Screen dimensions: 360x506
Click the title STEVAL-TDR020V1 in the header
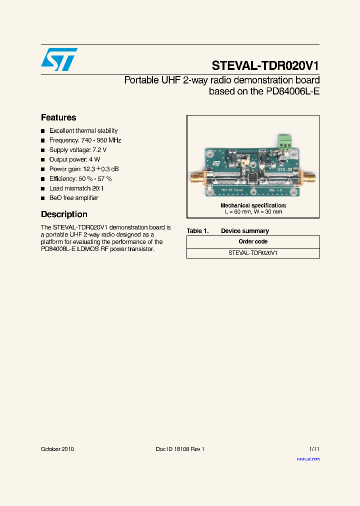pos(265,66)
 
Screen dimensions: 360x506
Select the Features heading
pos(58,118)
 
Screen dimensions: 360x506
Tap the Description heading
pos(64,214)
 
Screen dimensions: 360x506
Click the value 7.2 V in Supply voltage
pos(99,150)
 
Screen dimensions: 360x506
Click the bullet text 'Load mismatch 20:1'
pos(76,188)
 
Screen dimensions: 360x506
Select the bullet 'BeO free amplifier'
pos(74,198)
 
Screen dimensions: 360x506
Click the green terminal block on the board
pos(285,143)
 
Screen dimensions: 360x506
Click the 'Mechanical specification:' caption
pos(253,205)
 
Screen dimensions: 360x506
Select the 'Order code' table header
pos(253,242)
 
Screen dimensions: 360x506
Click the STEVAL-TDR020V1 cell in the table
pos(253,253)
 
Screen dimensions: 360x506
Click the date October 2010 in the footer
pos(57,449)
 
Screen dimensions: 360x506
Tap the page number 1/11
pos(313,449)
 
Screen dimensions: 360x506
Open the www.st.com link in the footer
pos(308,459)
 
